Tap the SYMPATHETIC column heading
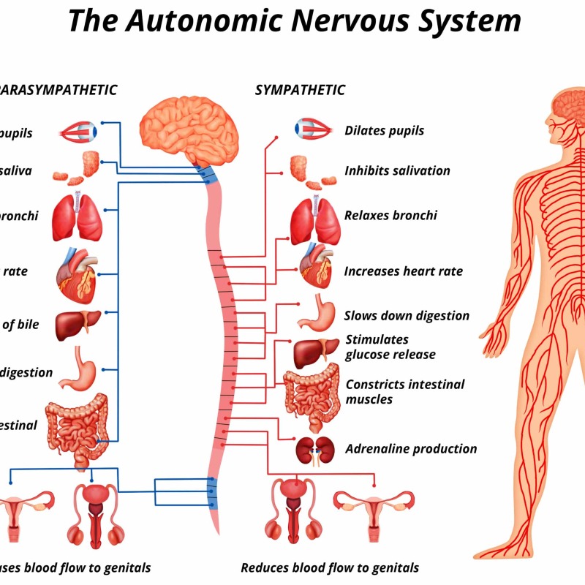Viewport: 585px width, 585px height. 300,90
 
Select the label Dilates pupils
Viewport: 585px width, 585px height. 384,132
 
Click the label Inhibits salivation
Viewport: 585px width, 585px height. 397,171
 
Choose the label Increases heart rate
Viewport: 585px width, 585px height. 403,271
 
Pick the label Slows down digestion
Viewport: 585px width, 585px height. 407,316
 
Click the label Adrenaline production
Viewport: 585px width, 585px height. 411,449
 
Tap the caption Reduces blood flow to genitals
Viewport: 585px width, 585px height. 330,567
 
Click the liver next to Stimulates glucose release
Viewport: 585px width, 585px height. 314,352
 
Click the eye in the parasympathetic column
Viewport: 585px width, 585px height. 79,132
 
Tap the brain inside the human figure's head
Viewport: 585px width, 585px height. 568,104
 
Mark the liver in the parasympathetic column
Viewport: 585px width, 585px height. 77,325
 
